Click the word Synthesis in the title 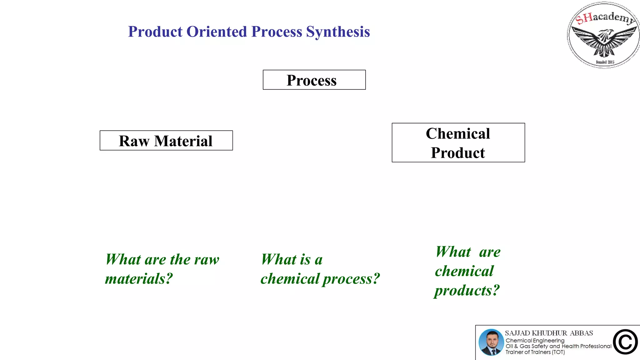coord(338,32)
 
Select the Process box coord(314,80)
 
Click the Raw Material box coord(166,141)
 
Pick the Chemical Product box coord(458,143)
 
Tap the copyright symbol coord(625,342)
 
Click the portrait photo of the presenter coord(491,342)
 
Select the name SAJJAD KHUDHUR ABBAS coord(549,333)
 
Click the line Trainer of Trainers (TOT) coord(535,352)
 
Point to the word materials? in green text coord(139,279)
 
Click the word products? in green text coord(467,291)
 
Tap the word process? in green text coord(351,279)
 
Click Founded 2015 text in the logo coord(605,62)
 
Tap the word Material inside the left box coord(183,141)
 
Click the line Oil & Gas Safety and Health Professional coord(558,346)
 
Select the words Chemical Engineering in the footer coord(535,340)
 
